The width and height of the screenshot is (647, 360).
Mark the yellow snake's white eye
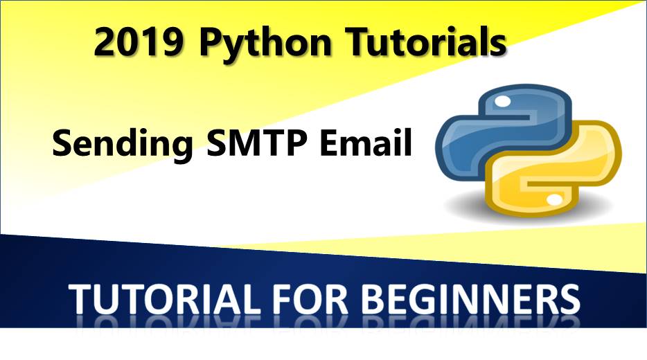click(555, 199)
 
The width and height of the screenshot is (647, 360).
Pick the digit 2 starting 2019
click(107, 43)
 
